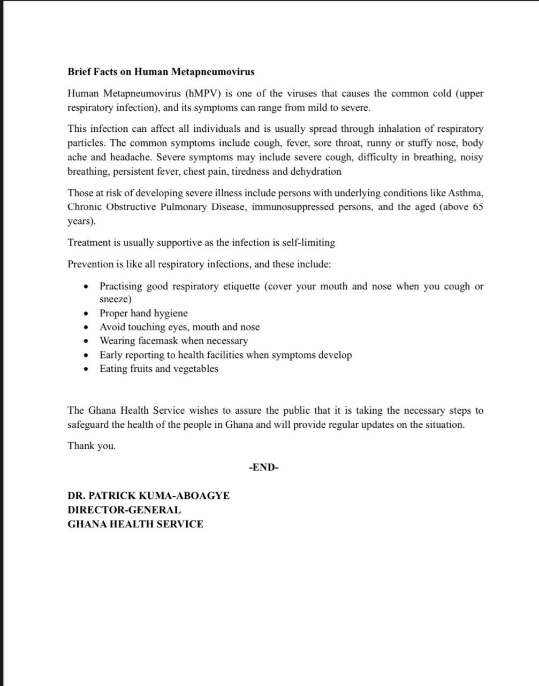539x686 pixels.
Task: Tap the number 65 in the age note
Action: (x=477, y=207)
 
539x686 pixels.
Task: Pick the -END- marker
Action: (x=263, y=467)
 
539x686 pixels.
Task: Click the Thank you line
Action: (x=92, y=446)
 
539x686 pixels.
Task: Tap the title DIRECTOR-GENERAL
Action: (x=124, y=510)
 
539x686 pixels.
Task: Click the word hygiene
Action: (x=171, y=313)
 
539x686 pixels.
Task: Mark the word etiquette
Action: (x=235, y=286)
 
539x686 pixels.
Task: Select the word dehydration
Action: (x=316, y=171)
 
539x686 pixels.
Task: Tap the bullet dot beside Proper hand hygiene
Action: (x=86, y=314)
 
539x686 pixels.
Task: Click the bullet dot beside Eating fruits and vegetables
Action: (x=86, y=369)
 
